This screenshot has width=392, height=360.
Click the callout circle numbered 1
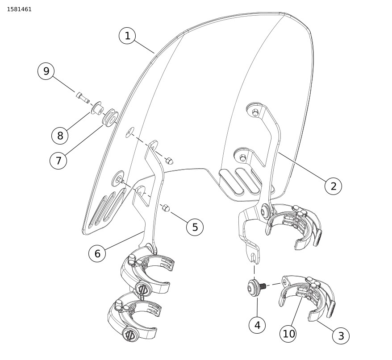127,36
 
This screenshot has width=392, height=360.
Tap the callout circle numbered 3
341,336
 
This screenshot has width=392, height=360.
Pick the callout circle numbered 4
257,325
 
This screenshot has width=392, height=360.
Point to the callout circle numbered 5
195,227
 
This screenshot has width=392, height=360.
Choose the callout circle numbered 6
97,253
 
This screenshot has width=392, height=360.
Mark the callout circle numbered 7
58,160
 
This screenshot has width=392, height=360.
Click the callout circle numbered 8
60,135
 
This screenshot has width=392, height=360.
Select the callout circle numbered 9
46,71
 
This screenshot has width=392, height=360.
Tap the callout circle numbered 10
288,334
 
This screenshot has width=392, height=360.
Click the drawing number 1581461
19,9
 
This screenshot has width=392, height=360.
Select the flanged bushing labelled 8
96,108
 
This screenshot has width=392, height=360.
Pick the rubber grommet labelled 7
109,116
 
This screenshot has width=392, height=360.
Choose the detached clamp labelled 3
308,297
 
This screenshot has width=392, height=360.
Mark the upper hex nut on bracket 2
255,113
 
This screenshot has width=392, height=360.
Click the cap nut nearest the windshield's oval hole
169,160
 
